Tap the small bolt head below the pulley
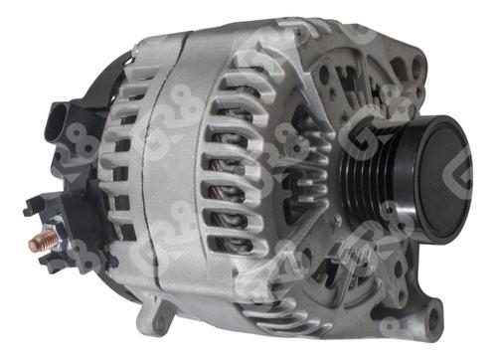coord(336,221)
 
